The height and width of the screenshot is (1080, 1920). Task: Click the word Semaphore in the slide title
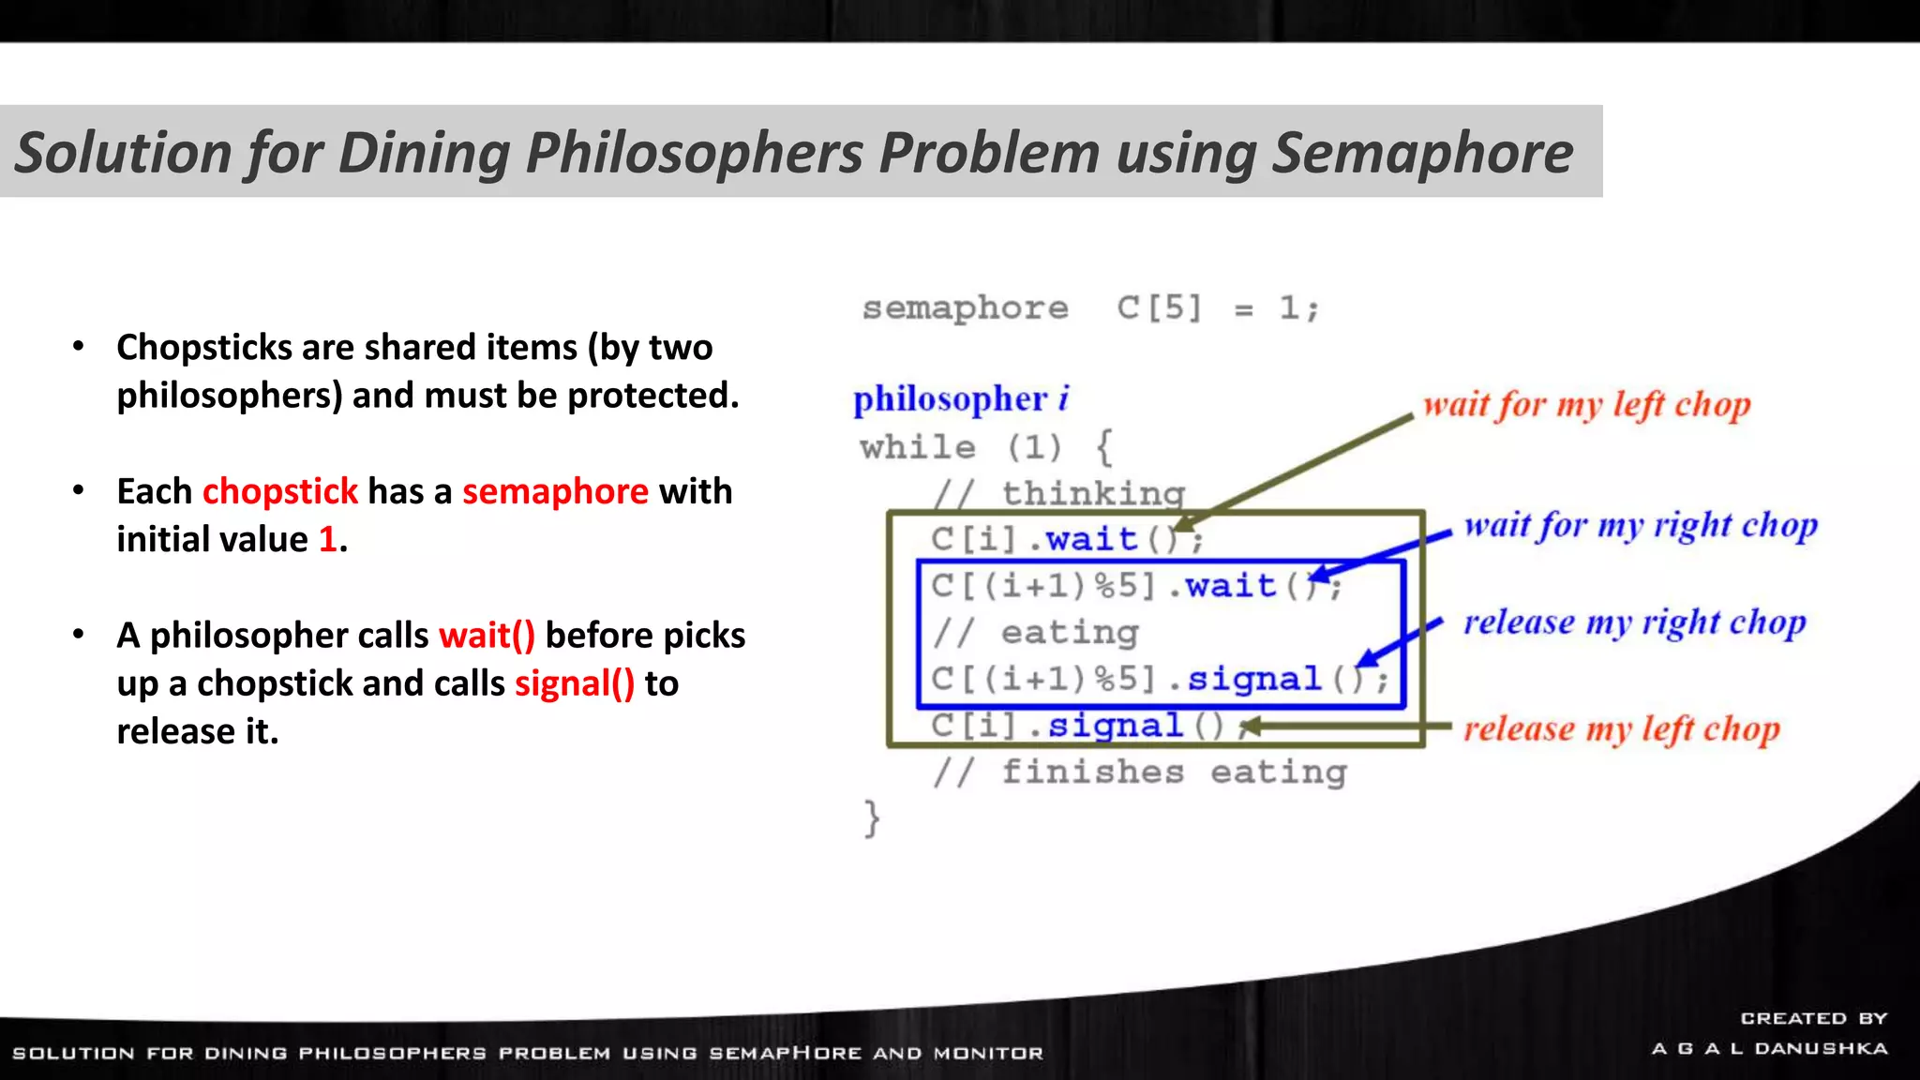(x=1421, y=153)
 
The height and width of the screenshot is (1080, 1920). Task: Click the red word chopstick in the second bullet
(x=279, y=491)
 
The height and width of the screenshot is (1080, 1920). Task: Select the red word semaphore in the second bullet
(x=555, y=491)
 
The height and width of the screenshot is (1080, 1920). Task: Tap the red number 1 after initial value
(x=327, y=539)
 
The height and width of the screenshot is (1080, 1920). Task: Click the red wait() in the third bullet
(x=487, y=636)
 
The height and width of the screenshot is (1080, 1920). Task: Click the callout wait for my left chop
(x=1586, y=405)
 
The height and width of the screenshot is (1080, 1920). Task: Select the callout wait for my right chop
(x=1641, y=525)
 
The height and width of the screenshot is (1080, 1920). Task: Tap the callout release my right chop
(x=1634, y=622)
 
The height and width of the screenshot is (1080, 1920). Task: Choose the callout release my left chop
(x=1621, y=729)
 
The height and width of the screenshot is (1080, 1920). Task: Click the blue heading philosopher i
(x=960, y=399)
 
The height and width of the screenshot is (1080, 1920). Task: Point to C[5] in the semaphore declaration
(x=1159, y=308)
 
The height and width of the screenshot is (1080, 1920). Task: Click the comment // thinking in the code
(x=1059, y=493)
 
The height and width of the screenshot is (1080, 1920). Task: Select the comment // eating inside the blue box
(x=1036, y=633)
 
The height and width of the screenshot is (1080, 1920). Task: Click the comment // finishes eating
(x=1139, y=772)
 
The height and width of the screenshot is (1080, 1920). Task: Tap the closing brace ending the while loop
(x=872, y=818)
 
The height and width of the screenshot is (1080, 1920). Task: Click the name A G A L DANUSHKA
(x=1769, y=1048)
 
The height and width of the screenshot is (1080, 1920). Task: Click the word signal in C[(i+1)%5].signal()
(x=1253, y=679)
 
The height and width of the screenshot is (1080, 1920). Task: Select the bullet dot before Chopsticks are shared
(x=79, y=347)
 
